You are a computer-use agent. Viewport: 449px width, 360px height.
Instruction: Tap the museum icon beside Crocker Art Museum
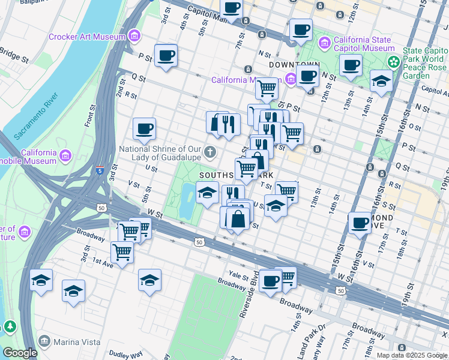click(x=134, y=37)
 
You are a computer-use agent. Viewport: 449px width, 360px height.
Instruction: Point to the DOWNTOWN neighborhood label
click(x=294, y=64)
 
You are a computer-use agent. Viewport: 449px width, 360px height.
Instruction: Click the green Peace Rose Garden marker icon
click(x=394, y=61)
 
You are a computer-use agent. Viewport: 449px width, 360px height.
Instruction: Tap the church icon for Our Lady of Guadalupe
click(x=211, y=152)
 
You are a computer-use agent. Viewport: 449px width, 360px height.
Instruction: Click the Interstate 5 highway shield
click(x=99, y=171)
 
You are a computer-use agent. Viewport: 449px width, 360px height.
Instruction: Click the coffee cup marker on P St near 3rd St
click(x=166, y=56)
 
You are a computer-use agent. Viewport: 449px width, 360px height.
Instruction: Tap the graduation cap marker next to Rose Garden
click(x=381, y=80)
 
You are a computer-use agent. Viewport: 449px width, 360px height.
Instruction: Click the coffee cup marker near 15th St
click(x=360, y=223)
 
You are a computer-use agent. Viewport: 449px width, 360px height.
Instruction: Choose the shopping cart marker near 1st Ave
click(x=122, y=252)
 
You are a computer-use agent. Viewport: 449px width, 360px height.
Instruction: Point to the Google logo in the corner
click(x=20, y=353)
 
